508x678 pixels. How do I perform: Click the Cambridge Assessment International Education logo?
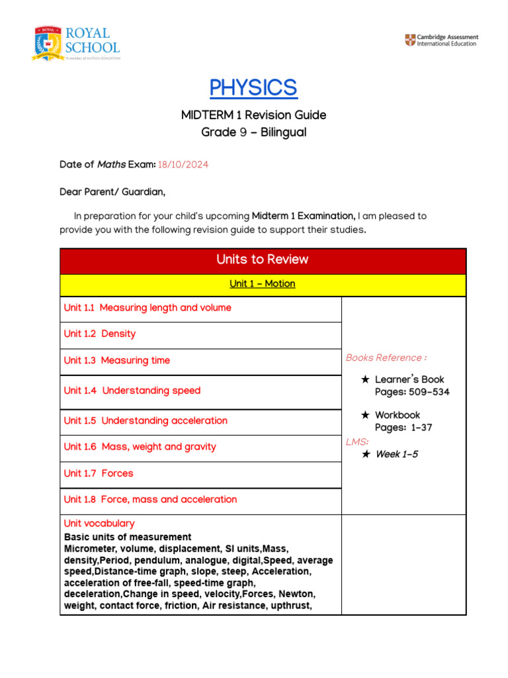[x=441, y=40]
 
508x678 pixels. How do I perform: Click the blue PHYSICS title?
[x=253, y=87]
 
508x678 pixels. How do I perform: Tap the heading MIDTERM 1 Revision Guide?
[x=253, y=115]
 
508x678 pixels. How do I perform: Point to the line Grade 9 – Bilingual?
[x=253, y=132]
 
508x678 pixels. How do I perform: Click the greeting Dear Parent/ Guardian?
[x=112, y=192]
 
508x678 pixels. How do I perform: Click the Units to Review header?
[x=263, y=260]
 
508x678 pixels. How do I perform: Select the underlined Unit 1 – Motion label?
[x=263, y=284]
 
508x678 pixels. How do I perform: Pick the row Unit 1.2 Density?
[x=100, y=334]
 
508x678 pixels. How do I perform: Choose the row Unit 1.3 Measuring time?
[x=117, y=360]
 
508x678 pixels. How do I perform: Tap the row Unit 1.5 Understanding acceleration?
[x=146, y=420]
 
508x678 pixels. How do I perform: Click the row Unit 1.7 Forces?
[x=99, y=473]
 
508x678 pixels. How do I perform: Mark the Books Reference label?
[x=386, y=358]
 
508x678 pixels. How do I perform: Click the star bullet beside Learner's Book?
[x=365, y=380]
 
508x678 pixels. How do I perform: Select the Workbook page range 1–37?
[x=421, y=428]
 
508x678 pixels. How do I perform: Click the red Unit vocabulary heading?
[x=99, y=523]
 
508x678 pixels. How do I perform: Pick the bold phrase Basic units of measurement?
[x=128, y=537]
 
